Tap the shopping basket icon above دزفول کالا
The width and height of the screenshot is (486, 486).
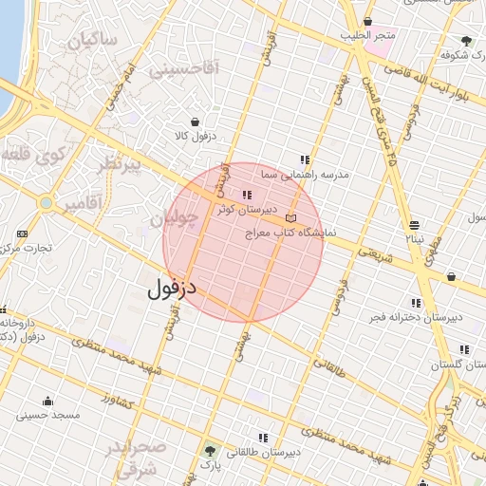pyautogui.click(x=196, y=122)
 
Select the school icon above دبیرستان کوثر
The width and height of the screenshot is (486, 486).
pyautogui.click(x=248, y=196)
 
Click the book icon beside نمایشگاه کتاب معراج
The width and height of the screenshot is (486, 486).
pyautogui.click(x=290, y=218)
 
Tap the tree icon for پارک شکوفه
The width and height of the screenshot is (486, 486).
pyautogui.click(x=466, y=41)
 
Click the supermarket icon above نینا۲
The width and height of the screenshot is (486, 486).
pyautogui.click(x=415, y=225)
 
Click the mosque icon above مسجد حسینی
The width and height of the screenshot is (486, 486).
pyautogui.click(x=48, y=401)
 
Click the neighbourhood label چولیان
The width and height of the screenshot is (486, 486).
pyautogui.click(x=176, y=219)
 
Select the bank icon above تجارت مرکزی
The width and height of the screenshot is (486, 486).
pyautogui.click(x=23, y=234)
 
